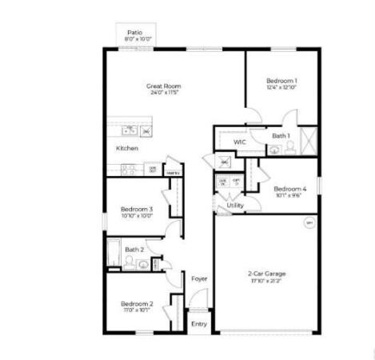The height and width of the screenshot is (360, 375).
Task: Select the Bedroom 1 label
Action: [281, 81]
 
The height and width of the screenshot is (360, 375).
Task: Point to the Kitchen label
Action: [127, 148]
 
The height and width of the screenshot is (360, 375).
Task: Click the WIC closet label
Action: [239, 142]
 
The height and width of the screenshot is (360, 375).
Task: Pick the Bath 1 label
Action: [280, 136]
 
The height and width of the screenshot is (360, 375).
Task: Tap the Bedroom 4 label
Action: [290, 189]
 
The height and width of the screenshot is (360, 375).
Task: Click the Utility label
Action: [235, 206]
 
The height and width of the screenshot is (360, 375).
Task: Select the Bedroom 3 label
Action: [137, 210]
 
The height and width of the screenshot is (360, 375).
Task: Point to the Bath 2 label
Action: [134, 250]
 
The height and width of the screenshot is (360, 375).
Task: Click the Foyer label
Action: [199, 278]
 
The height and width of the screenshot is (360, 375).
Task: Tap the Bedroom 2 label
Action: [137, 303]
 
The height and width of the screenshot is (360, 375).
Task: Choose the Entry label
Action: [198, 323]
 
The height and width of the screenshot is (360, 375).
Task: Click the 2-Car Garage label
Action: [266, 274]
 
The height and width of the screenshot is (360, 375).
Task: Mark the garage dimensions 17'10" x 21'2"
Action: [266, 281]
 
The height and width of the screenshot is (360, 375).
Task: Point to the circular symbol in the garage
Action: [309, 224]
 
